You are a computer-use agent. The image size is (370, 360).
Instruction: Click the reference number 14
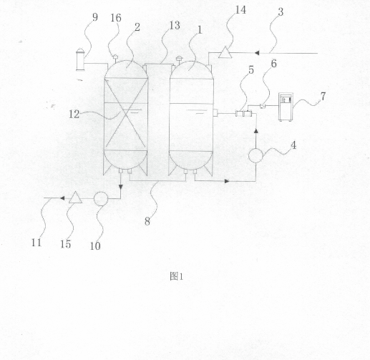[x=240, y=10]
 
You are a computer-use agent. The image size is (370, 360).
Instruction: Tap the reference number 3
[x=281, y=12]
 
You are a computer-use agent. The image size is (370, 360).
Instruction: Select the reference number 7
[x=323, y=97]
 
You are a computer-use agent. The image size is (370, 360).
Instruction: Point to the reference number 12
[x=74, y=115]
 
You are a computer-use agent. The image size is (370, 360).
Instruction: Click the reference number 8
[x=147, y=222]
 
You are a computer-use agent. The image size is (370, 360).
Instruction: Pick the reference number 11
[x=36, y=243]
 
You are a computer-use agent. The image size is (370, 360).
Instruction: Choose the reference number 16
[x=116, y=18]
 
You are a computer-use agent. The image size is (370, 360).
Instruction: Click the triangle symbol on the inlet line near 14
[x=225, y=52]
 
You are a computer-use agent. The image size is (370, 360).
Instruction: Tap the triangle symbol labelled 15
[x=75, y=198]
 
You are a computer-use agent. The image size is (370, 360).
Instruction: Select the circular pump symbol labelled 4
[x=255, y=155]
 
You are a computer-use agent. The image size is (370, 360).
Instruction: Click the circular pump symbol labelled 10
[x=101, y=199]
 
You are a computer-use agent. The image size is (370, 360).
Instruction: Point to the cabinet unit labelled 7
[x=286, y=107]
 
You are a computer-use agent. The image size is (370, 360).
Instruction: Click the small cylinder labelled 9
[x=80, y=59]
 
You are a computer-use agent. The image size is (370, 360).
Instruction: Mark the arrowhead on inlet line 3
[x=257, y=53]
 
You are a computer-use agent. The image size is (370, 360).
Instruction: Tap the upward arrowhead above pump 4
[x=256, y=131]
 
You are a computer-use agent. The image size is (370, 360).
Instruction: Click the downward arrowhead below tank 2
[x=121, y=188]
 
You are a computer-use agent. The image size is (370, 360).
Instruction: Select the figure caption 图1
[x=177, y=276]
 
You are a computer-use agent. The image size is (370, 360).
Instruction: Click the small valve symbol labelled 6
[x=263, y=105]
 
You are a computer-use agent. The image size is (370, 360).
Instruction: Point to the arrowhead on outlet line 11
[x=62, y=198]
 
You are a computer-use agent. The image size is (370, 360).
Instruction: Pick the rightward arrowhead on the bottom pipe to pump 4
[x=227, y=181]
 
